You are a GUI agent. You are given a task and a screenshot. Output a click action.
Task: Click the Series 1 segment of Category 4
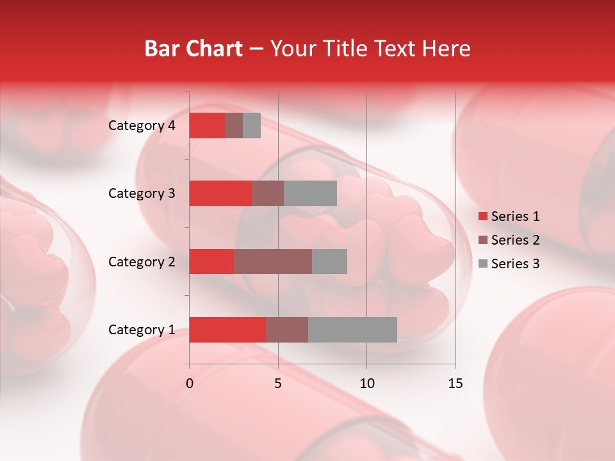pos(207,125)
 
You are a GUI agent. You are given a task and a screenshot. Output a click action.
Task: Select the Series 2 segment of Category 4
pos(234,125)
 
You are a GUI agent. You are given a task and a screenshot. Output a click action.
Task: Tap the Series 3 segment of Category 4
pos(252,125)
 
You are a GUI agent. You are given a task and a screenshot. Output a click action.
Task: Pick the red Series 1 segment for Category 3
pos(220,193)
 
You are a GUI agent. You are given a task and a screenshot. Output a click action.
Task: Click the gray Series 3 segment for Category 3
pos(310,193)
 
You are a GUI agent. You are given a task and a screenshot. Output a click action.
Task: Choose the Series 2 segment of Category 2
pos(273,261)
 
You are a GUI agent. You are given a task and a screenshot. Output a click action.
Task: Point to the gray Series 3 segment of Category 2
pos(329,261)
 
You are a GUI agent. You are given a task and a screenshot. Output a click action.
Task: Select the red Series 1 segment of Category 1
pos(227,330)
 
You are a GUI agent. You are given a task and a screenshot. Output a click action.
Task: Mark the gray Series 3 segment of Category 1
pos(352,330)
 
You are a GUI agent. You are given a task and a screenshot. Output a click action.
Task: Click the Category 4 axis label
pos(142,125)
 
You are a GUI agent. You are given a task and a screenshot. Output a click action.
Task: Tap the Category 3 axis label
pos(142,193)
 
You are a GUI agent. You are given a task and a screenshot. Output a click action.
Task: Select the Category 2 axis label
pos(142,262)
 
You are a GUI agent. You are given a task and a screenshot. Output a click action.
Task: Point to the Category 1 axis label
pos(142,330)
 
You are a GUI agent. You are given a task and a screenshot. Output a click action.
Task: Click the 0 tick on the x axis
pos(190,384)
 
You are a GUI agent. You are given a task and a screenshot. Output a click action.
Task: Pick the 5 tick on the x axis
pos(278,384)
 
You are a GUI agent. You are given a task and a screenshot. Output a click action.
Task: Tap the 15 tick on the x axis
pos(455,384)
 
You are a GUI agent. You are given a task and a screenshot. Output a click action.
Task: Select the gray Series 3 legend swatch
pos(482,264)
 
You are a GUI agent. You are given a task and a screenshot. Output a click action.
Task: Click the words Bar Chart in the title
pos(193,49)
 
